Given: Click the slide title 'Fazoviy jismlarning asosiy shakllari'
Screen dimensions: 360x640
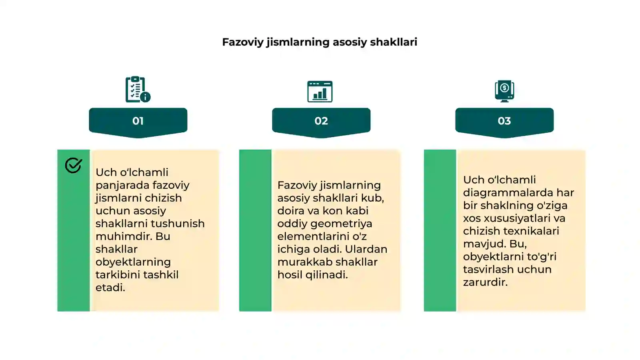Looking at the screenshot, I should coord(319,42).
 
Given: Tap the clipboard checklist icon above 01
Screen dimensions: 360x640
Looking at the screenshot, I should coord(138,90).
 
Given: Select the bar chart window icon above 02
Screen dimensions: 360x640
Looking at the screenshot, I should coord(320,91).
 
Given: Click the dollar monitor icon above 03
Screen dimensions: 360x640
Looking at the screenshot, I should coord(504,91).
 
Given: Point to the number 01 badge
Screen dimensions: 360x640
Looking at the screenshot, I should coord(138,121).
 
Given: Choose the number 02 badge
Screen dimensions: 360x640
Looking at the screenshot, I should coord(321,121).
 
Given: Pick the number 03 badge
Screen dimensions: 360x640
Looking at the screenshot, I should coord(504,121).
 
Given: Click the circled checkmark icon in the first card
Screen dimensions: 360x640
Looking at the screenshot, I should coord(74,165).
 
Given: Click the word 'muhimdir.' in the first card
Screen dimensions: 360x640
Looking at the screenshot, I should coord(122,236).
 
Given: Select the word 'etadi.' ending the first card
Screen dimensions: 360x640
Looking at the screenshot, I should coord(110,288).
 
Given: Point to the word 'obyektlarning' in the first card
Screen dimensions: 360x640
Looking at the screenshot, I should coord(133,262).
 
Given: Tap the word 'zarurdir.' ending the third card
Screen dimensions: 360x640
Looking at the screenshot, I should coord(485,282).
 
